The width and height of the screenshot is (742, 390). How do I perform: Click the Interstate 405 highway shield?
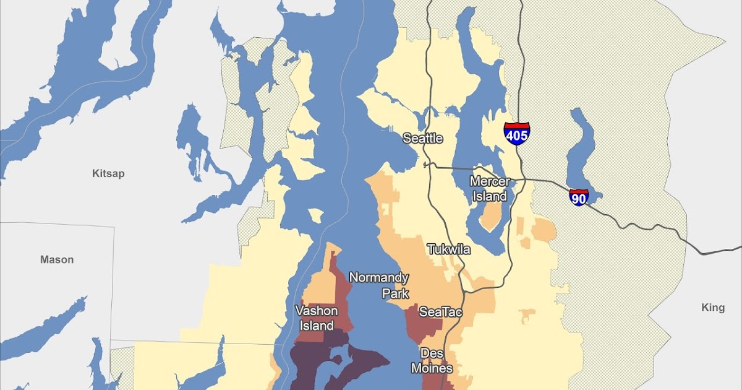click(x=516, y=133)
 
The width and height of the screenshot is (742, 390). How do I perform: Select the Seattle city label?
click(x=423, y=138)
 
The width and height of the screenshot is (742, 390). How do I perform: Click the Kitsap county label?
click(x=108, y=173)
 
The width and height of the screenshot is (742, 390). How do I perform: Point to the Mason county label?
click(x=57, y=259)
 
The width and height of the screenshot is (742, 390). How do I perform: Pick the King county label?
click(x=713, y=308)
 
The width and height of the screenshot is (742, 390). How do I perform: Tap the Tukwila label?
click(x=449, y=249)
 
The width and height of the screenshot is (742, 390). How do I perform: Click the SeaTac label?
click(x=440, y=312)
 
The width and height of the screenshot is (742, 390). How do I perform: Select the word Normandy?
click(x=378, y=277)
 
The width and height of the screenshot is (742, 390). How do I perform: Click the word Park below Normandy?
click(x=395, y=293)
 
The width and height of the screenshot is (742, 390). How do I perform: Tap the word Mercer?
click(x=490, y=181)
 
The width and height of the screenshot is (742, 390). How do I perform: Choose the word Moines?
click(x=432, y=368)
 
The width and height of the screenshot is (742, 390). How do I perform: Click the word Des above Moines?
click(x=432, y=353)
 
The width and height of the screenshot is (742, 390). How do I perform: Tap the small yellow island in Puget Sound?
click(x=315, y=215)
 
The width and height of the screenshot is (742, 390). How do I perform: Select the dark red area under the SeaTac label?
click(x=420, y=328)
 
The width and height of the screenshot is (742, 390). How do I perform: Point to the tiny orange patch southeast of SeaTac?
click(x=527, y=316)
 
